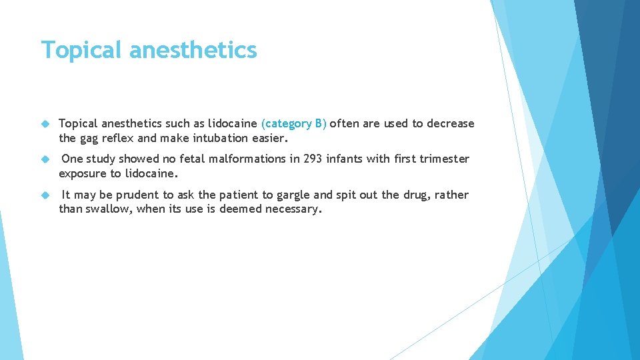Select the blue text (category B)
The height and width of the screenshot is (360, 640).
tap(294, 123)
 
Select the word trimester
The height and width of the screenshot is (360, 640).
tap(444, 159)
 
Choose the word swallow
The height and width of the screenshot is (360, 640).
tap(109, 209)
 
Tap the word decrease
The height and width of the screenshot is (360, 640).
tap(451, 123)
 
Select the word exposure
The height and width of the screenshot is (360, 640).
tap(82, 173)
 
